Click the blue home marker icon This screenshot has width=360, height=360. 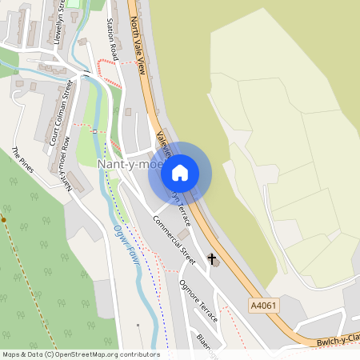180,172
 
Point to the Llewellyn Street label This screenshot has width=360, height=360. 58,24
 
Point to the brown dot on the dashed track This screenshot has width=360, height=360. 3,218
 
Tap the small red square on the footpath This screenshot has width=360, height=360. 94,130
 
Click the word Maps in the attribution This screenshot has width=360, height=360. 11,354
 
